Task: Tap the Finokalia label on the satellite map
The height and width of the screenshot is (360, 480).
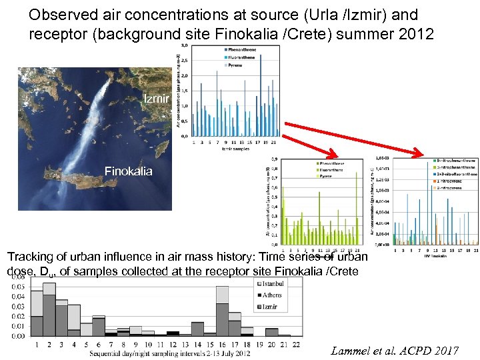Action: (128, 171)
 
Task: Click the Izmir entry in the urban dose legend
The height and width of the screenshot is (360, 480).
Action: (269, 306)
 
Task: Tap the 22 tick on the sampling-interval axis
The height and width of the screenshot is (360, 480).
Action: (296, 345)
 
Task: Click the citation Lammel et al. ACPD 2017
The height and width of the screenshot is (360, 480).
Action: (395, 350)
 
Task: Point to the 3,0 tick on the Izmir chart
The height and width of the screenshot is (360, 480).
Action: (185, 45)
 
